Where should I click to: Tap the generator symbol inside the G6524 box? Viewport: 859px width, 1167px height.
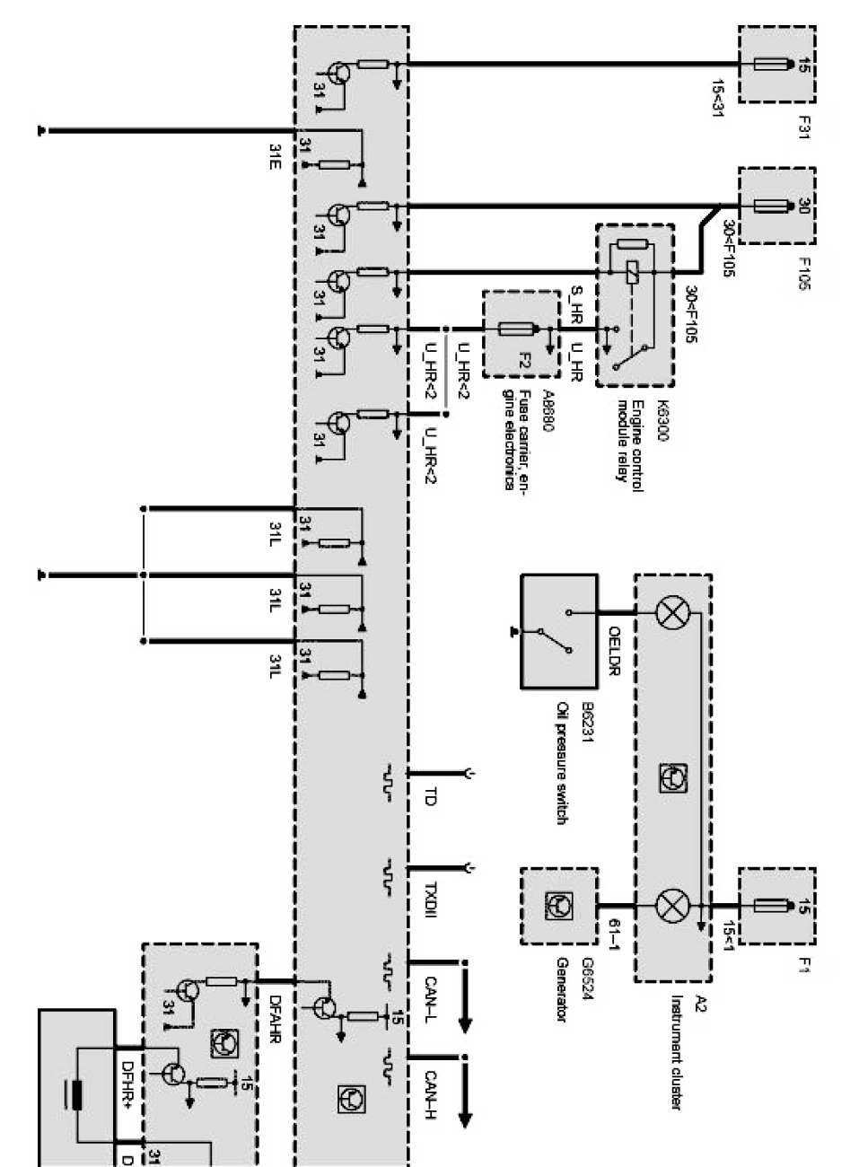point(559,904)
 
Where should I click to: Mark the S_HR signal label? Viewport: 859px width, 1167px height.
point(579,300)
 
